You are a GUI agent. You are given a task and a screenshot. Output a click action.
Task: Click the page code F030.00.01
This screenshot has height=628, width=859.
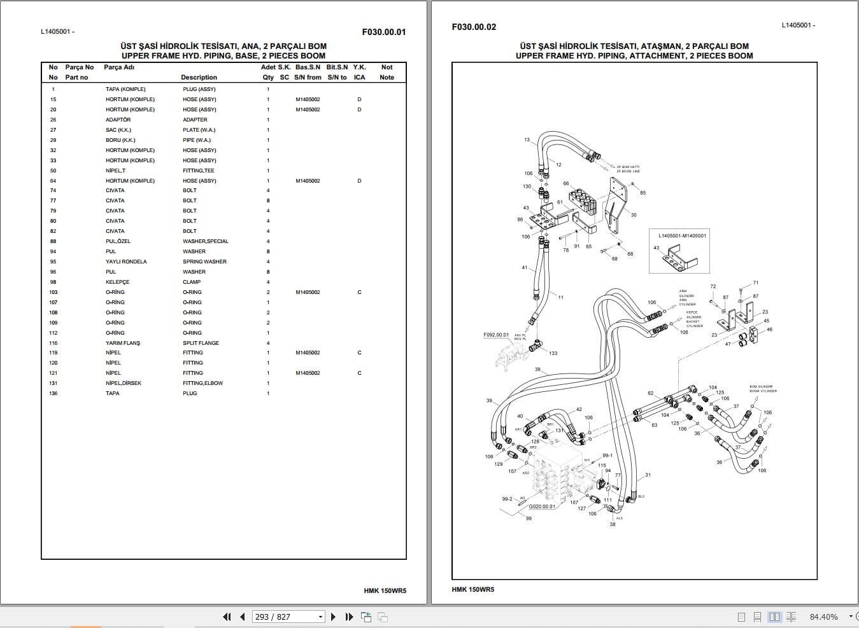click(383, 32)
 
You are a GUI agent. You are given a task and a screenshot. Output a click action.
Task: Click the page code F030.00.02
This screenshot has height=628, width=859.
click(474, 27)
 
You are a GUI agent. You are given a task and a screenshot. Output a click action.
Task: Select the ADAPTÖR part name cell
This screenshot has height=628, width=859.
click(118, 120)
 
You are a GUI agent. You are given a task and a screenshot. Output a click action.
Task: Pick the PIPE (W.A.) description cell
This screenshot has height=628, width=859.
click(197, 140)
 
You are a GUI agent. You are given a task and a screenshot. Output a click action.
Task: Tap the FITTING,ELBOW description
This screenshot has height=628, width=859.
click(202, 383)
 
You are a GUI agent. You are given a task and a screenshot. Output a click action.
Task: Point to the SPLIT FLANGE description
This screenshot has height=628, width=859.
click(201, 343)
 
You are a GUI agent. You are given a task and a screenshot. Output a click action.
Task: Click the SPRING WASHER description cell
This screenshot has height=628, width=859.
click(204, 262)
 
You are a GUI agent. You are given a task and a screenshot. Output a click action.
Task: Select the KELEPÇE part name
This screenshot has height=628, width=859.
click(117, 282)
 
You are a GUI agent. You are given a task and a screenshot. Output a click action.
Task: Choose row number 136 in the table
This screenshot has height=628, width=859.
click(53, 393)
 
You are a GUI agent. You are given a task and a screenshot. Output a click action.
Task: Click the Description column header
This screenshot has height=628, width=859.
click(199, 78)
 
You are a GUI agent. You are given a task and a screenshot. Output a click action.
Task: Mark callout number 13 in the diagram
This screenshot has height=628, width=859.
click(527, 140)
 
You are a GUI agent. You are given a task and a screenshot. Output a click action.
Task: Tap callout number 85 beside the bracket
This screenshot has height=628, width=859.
click(642, 193)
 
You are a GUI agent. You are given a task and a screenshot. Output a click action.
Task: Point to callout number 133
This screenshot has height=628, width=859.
click(553, 353)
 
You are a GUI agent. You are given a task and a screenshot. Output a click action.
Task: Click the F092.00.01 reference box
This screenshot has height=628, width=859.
click(496, 335)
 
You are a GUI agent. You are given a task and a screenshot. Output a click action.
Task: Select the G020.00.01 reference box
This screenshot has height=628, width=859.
click(542, 506)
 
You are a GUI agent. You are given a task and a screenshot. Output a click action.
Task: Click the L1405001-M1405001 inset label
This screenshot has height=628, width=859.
click(682, 235)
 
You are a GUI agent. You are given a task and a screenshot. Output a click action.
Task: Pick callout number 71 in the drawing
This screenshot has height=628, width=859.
click(755, 283)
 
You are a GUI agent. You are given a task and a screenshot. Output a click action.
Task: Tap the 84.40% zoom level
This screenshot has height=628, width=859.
click(823, 617)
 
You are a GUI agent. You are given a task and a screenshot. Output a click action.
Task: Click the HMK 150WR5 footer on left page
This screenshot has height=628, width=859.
click(385, 590)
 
